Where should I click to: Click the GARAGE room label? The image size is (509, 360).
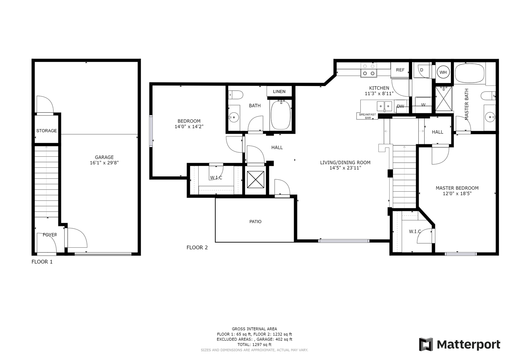coord(104,157)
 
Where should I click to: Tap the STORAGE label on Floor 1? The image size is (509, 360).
coord(46,131)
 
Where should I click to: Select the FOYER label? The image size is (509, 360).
coord(50,235)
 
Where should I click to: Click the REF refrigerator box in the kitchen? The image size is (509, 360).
coord(400,70)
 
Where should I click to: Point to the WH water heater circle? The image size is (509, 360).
coord(443,72)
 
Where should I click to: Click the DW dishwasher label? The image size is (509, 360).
coord(400,106)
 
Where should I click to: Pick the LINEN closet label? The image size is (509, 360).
coord(279,92)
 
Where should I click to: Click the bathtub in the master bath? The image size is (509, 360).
coord(469,73)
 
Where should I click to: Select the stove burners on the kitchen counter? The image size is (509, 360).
coord(369,70)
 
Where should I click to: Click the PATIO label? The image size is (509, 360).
coord(255,222)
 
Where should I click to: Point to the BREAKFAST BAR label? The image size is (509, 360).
coord(368,116)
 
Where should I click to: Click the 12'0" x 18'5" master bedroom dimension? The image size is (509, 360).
coord(457,193)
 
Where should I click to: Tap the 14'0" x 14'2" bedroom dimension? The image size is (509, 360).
coord(189,127)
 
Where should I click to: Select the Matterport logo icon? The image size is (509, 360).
coord(426,344)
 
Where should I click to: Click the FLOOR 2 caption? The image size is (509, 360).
coord(197,247)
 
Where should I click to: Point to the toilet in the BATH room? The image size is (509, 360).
coord(236,95)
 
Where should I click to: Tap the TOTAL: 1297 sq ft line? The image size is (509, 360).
coord(254,345)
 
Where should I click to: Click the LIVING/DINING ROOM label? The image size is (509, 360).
coord(345,163)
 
